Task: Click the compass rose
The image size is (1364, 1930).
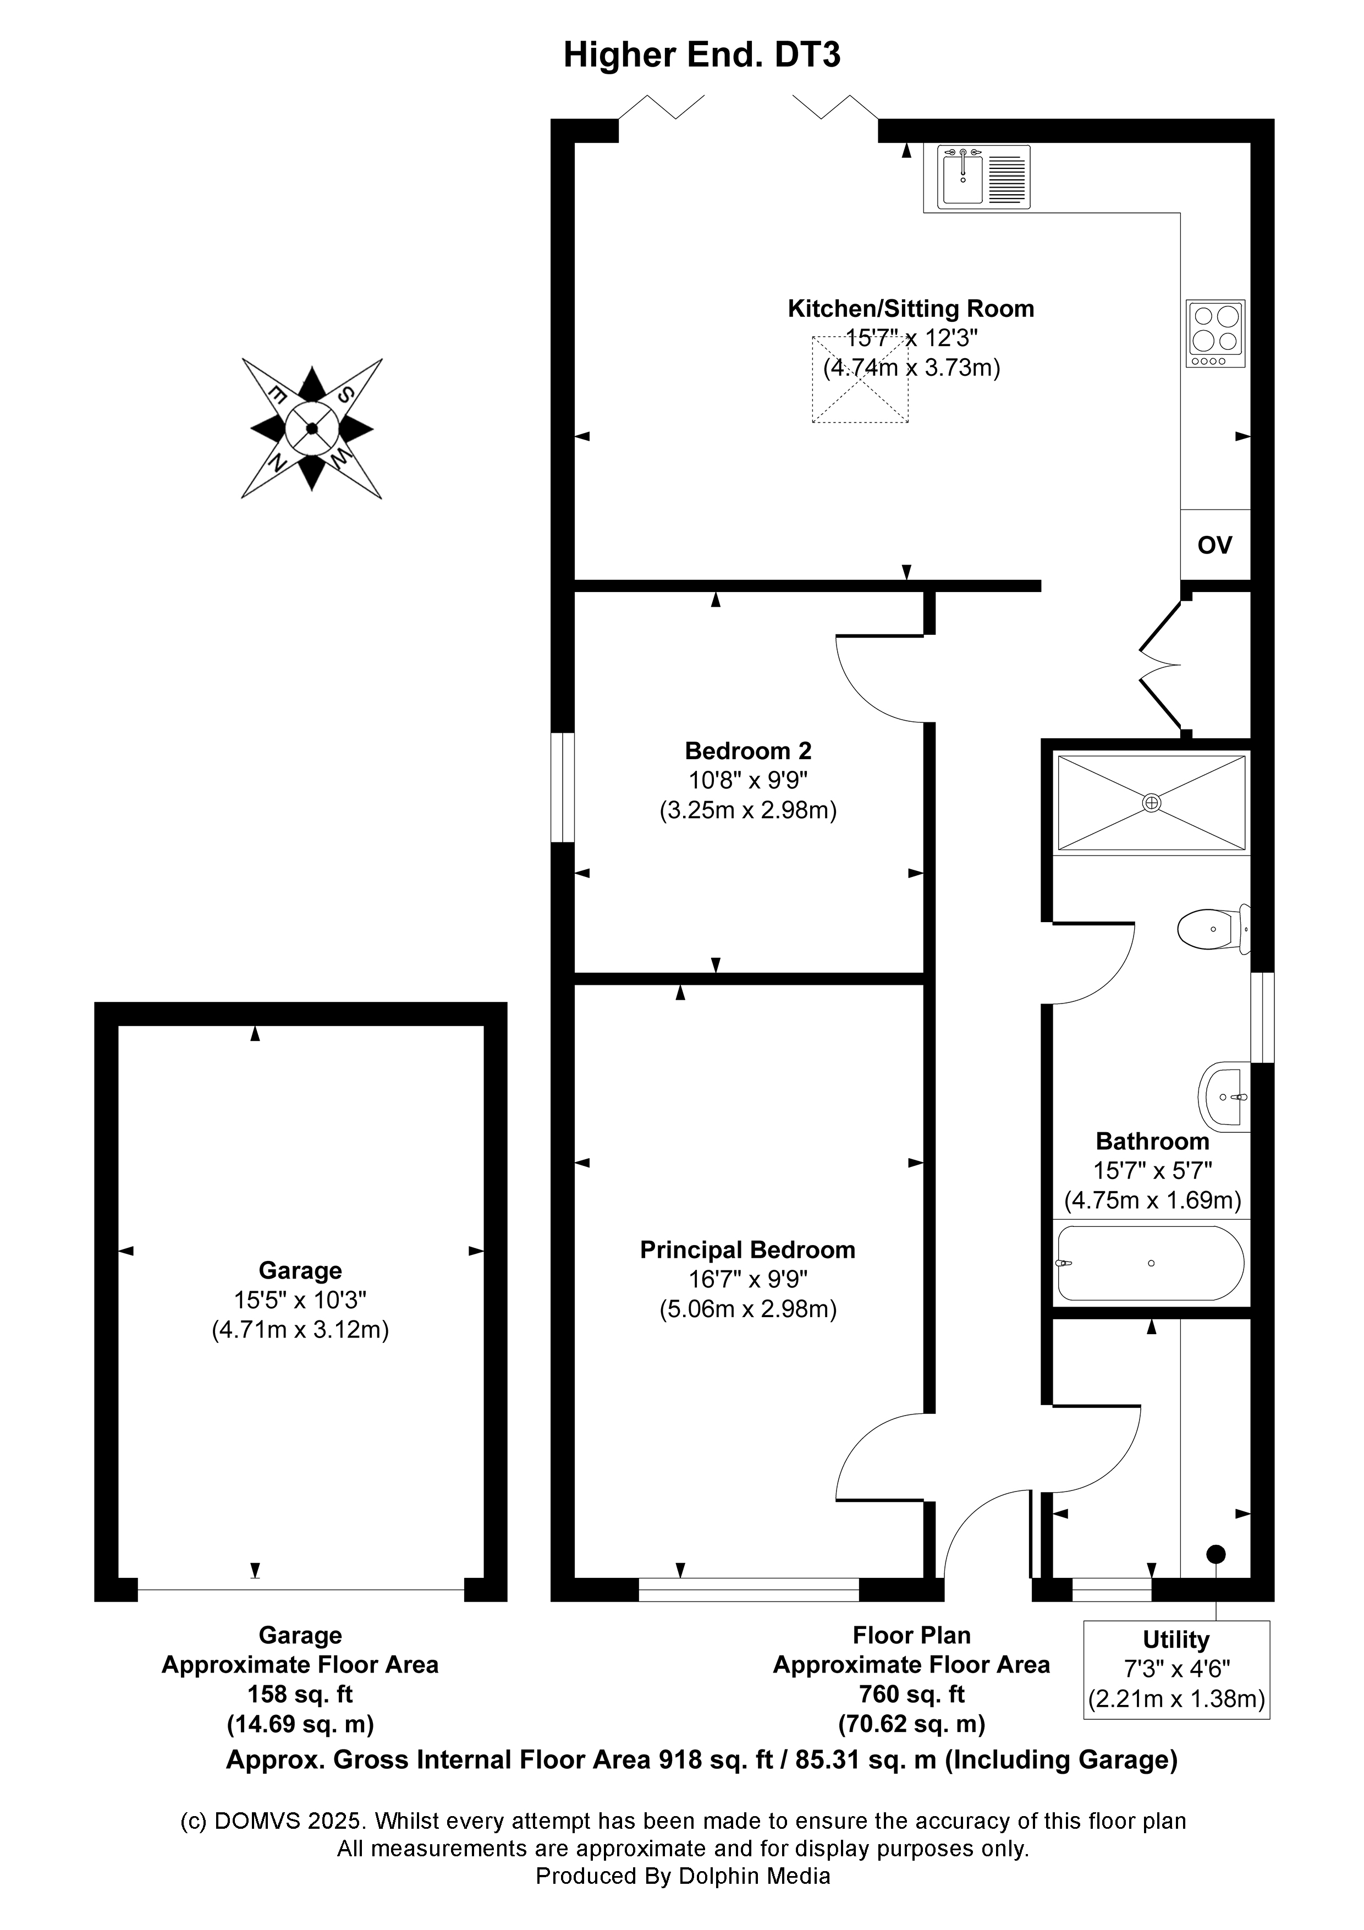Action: pos(312,429)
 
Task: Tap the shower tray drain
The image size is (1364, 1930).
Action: pos(1151,803)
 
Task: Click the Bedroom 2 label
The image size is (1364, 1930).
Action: pos(748,750)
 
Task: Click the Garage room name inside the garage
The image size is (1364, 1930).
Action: pos(300,1270)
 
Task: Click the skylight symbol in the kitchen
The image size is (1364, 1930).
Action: pos(860,379)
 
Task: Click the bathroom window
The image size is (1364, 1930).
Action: pos(1262,1018)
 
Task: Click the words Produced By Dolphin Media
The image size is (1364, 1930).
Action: pos(683,1876)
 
